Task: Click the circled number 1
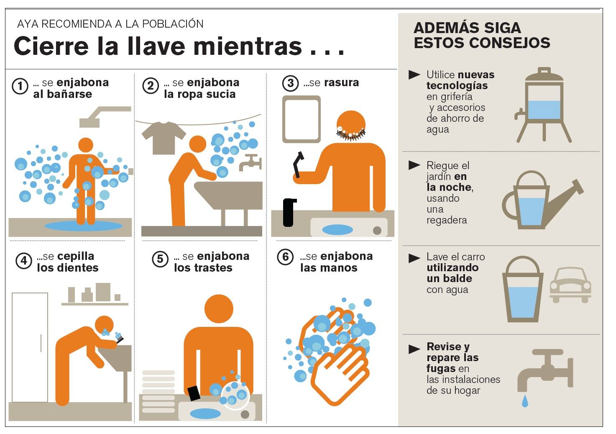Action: coord(20,86)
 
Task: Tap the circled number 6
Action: coord(286,257)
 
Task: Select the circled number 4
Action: coord(24,260)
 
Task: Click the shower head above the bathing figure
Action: coord(105,117)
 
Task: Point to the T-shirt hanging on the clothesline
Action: coord(164,138)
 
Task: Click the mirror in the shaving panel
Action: coord(302,119)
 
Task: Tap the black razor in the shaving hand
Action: coord(298,164)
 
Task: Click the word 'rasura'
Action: coord(341,82)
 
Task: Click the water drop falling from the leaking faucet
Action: coord(525,401)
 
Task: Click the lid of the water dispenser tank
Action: coord(544,74)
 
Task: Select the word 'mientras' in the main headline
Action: coord(248,46)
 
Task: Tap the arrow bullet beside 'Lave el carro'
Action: coord(414,258)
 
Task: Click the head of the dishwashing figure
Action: coord(219,308)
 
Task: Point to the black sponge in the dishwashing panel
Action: coord(194,393)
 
